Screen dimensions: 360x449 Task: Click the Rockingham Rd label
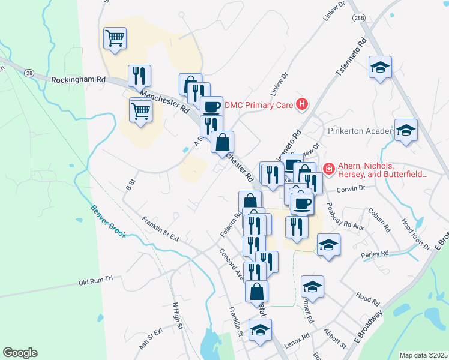tap(78, 79)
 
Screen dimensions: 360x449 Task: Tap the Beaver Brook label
tap(109, 222)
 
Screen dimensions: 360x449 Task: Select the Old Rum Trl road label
tap(96, 281)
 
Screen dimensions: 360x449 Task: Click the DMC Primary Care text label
tap(259, 106)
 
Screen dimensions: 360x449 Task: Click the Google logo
tap(20, 353)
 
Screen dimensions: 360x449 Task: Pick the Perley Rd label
tap(375, 254)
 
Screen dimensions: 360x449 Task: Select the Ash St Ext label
tap(151, 339)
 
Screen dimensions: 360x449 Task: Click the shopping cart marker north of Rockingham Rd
tap(115, 38)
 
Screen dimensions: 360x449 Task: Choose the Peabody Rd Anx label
tap(346, 216)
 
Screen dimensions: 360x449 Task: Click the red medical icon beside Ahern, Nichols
tap(328, 170)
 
